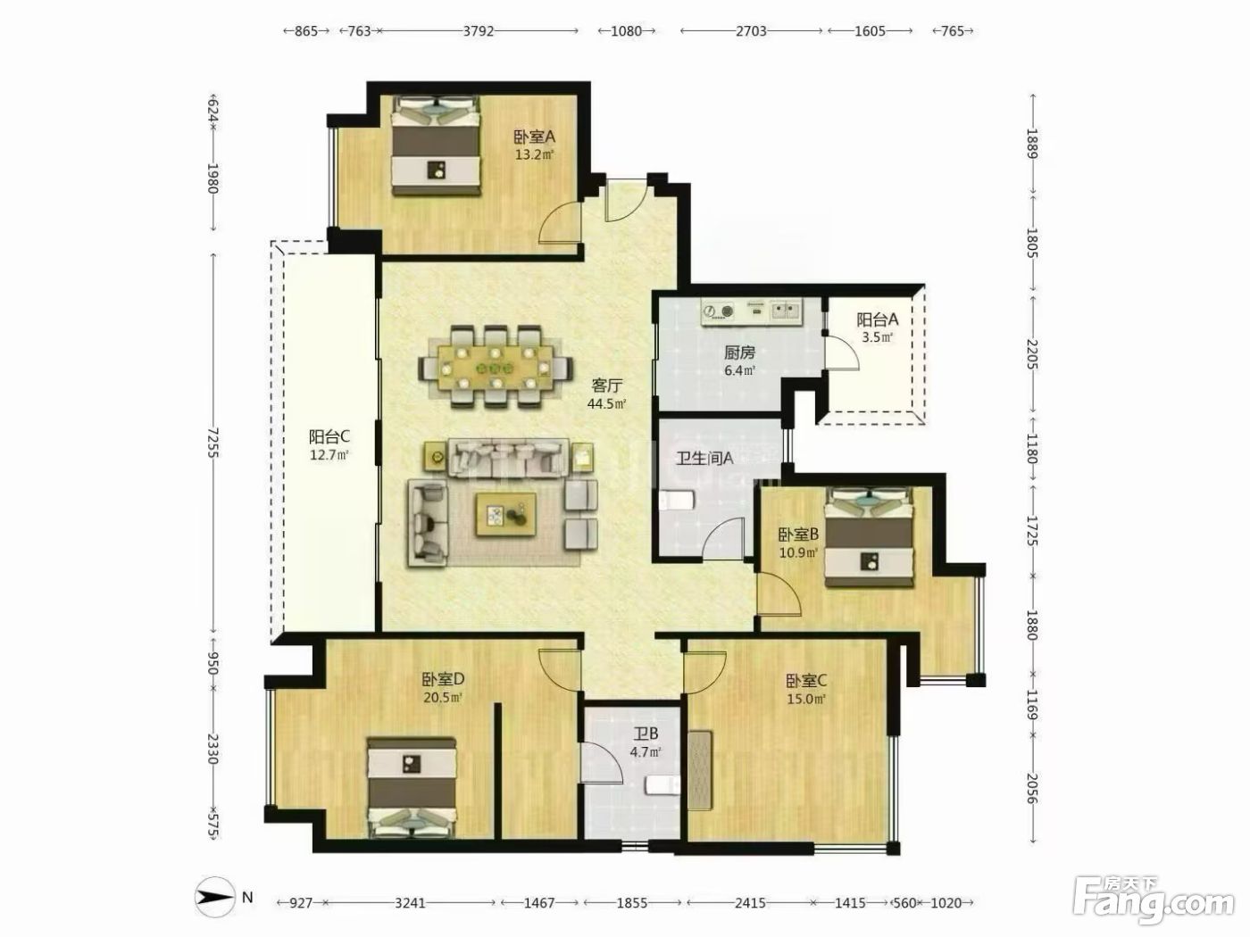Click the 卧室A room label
[534, 137]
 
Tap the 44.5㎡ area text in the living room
[606, 404]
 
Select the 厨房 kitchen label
[739, 352]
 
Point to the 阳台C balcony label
[329, 437]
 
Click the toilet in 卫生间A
[677, 502]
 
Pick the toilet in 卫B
[662, 785]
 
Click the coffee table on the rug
[506, 514]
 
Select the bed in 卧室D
[412, 787]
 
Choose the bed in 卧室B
[870, 536]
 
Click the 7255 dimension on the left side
[212, 443]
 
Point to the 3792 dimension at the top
[478, 31]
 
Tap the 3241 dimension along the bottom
[410, 903]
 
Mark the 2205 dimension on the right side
[1032, 354]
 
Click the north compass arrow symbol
[214, 897]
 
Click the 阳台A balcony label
[878, 319]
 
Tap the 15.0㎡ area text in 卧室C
[806, 699]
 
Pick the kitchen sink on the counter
[787, 310]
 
